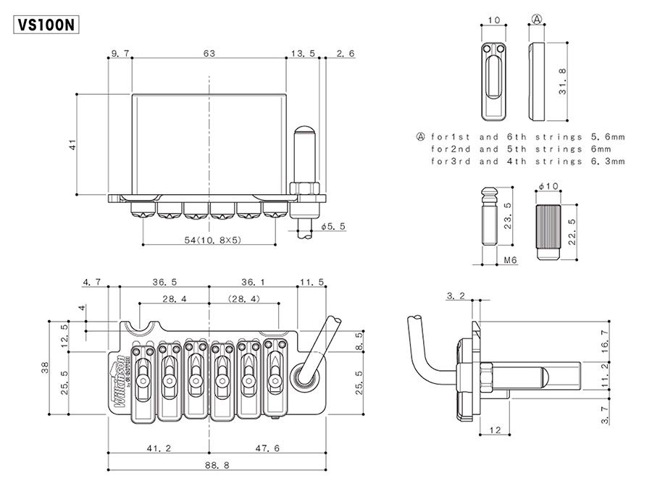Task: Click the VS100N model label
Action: pyautogui.click(x=45, y=24)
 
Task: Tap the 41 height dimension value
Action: pyautogui.click(x=72, y=145)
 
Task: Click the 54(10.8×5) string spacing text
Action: pyautogui.click(x=209, y=239)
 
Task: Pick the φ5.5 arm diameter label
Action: pyautogui.click(x=333, y=226)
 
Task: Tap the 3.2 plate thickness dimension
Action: pyautogui.click(x=456, y=295)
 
